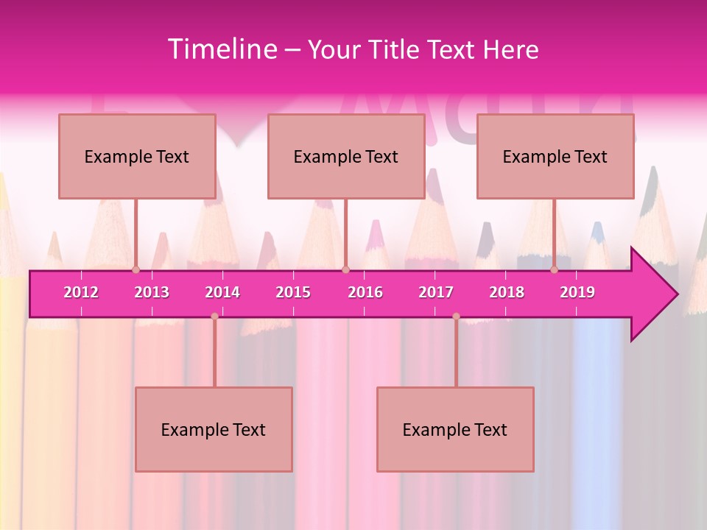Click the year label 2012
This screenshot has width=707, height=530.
(81, 292)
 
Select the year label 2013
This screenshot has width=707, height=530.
(152, 292)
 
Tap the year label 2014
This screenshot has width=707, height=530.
(222, 292)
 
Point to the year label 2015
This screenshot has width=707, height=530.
(293, 292)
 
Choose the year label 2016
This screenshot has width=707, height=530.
(365, 292)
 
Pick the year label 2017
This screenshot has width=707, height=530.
(436, 292)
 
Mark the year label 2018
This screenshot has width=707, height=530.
(507, 292)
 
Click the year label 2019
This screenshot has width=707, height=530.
(577, 292)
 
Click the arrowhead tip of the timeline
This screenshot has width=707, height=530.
(676, 294)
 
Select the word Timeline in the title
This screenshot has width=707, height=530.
(222, 49)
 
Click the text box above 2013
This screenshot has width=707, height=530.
(137, 156)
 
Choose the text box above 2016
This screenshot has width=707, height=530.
(346, 156)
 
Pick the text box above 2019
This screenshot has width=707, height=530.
(555, 156)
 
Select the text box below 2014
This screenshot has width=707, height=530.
(214, 429)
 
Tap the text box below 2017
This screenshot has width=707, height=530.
(455, 429)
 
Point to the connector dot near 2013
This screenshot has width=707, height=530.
(136, 269)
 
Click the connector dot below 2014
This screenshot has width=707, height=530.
(214, 316)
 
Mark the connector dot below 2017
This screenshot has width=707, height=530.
(456, 316)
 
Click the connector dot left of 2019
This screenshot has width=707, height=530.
(554, 269)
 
